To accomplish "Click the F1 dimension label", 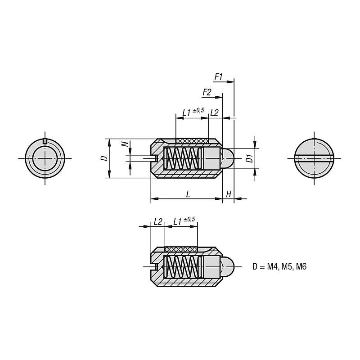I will (x=219, y=77).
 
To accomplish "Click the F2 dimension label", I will (x=207, y=92).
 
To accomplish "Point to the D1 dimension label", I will (x=248, y=158).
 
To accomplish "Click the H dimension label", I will (x=229, y=194).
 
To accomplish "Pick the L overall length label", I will (x=187, y=194).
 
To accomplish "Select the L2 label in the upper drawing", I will (x=214, y=112).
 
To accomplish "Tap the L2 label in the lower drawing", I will (x=158, y=222).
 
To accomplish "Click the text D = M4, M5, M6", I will (x=279, y=267).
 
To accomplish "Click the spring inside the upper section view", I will (x=182, y=158).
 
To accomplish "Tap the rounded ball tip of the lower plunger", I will (x=228, y=267).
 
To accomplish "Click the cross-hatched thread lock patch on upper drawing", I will (x=192, y=141).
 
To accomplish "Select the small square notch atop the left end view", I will (x=45, y=141).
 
